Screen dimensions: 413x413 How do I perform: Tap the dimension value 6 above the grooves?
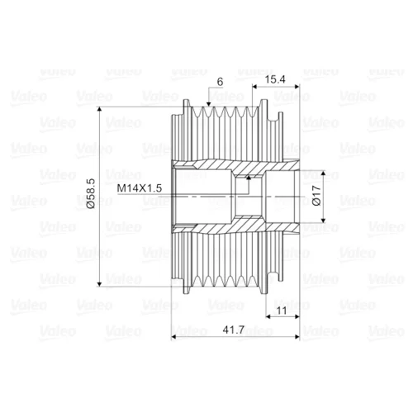point(220,82)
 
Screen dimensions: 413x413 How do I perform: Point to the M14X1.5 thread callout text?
point(140,188)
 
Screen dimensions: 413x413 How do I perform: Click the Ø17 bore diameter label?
point(316,196)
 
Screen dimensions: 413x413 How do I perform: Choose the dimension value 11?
point(282,311)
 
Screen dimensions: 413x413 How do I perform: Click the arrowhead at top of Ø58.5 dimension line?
point(100,109)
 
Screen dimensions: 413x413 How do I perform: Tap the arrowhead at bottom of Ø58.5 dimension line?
point(100,284)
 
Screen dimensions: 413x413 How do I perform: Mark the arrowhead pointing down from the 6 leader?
point(208,104)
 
